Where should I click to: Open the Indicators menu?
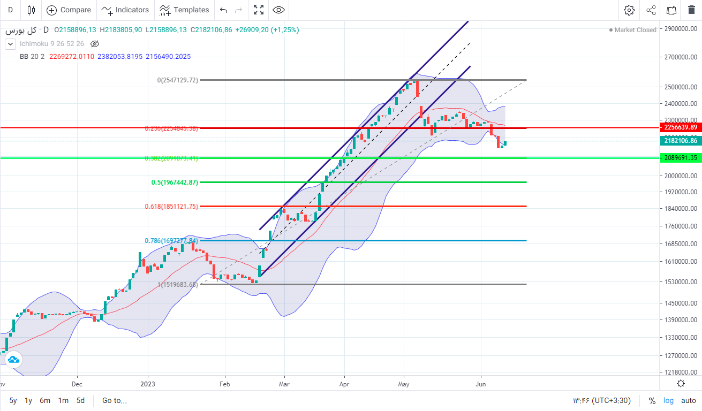[x=126, y=10]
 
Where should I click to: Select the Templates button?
[x=185, y=10]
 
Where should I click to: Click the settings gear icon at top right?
[x=629, y=10]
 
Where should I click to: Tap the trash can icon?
[x=691, y=10]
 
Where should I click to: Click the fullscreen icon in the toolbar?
[x=259, y=10]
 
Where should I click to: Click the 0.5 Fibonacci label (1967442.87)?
[x=175, y=182]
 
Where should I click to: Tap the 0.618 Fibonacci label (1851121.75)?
[x=171, y=206]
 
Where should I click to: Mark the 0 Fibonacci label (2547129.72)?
[x=178, y=80]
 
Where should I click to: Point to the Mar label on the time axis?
[x=284, y=384]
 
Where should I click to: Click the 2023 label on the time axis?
[x=148, y=384]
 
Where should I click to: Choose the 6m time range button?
[x=45, y=400]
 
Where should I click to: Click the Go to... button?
[x=115, y=400]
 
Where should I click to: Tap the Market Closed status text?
[x=635, y=30]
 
